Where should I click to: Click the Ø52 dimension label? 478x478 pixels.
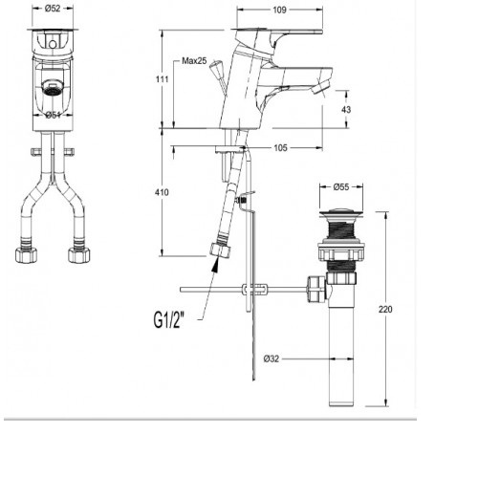point(53,9)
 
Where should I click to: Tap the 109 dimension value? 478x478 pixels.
point(279,10)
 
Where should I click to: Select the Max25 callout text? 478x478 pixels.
point(194,60)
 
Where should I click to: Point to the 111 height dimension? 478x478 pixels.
point(162,78)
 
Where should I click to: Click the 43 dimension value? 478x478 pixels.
point(346,110)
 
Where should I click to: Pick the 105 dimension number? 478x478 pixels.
point(280,148)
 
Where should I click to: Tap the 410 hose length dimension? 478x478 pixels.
point(162,192)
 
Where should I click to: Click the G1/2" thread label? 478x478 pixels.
point(169,320)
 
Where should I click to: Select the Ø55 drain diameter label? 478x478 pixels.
point(341,187)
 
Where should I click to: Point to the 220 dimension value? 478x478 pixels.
point(385,309)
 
